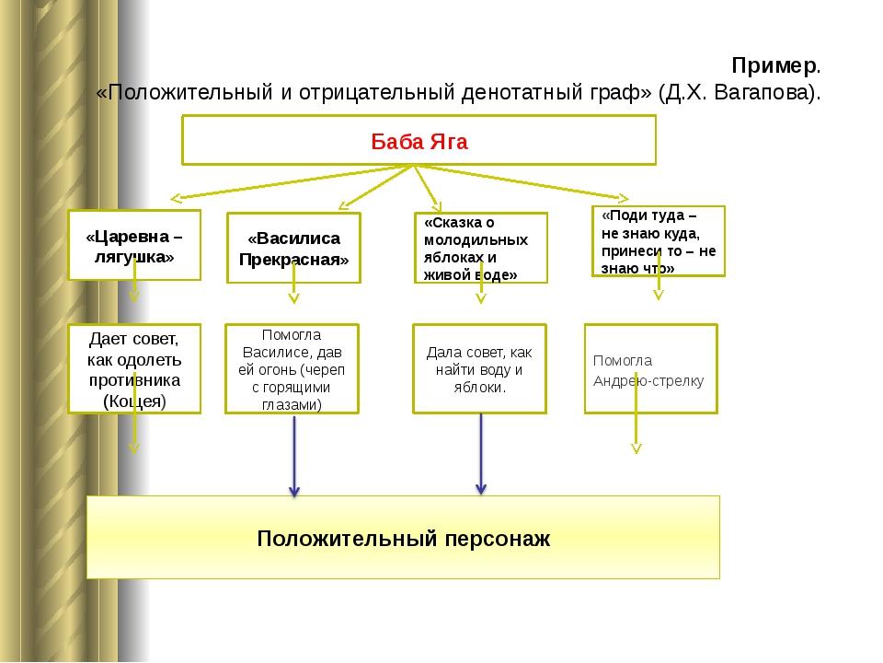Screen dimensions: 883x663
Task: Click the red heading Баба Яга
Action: point(419,142)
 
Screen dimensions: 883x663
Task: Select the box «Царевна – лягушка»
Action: point(134,245)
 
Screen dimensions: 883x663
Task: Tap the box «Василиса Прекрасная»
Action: point(293,248)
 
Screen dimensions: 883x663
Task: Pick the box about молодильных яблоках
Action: point(481,248)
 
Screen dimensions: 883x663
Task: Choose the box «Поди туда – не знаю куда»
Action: point(659,241)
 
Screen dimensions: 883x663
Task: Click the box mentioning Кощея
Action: point(134,368)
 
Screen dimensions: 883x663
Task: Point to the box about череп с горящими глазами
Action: point(292,368)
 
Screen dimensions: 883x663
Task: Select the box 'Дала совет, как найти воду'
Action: point(480,368)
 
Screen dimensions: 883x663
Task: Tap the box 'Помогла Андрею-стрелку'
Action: point(651,368)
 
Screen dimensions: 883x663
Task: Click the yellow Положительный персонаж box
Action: point(403,537)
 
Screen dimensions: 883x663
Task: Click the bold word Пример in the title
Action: point(774,66)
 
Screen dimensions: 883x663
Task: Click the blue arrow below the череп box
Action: point(294,456)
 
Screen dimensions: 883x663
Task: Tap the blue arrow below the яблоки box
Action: point(481,454)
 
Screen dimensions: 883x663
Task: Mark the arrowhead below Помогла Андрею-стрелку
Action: point(636,448)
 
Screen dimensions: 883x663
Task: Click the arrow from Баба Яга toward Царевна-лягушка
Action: point(292,182)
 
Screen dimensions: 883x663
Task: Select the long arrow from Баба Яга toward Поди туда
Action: point(522,182)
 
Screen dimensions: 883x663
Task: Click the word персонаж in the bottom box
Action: point(498,539)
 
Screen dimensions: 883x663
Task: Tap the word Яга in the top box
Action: point(449,142)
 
